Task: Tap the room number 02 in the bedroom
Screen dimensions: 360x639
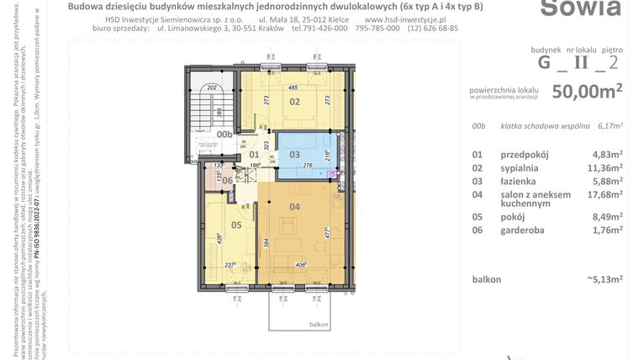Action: pyautogui.click(x=295, y=102)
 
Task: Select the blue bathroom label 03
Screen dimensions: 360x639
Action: pyautogui.click(x=294, y=154)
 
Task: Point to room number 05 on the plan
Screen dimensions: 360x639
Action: pyautogui.click(x=235, y=225)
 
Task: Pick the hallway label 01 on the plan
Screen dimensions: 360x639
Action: pyautogui.click(x=254, y=154)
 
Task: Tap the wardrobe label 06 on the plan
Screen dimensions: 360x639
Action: pyautogui.click(x=227, y=181)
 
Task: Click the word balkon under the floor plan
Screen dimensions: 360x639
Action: pyautogui.click(x=318, y=324)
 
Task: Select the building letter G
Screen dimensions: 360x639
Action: pyautogui.click(x=546, y=61)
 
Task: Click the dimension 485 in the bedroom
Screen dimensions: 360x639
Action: pyautogui.click(x=293, y=87)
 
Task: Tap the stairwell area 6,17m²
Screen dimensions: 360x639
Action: pyautogui.click(x=609, y=127)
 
